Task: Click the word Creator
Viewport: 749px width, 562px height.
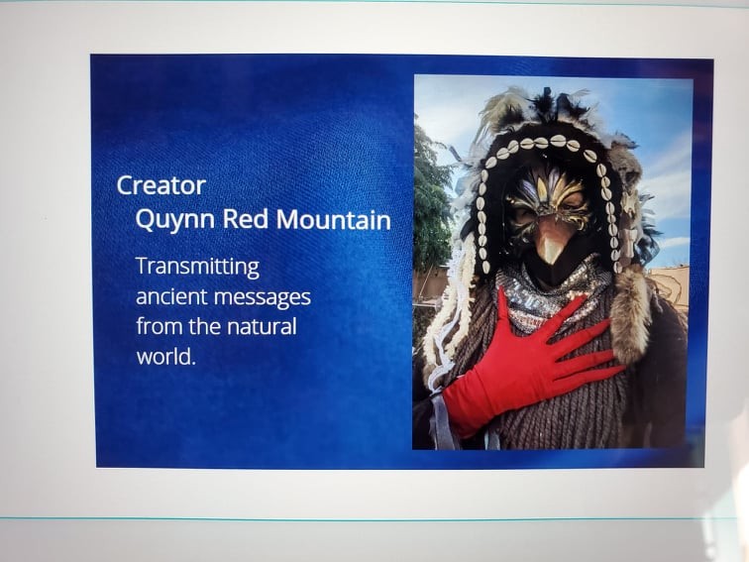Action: tap(160, 185)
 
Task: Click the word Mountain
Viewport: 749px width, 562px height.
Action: tap(333, 220)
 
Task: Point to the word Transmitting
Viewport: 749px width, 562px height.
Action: tap(198, 267)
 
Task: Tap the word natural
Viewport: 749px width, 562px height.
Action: tap(262, 327)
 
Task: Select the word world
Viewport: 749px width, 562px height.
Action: tap(166, 357)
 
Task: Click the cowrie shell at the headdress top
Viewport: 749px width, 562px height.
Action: tap(558, 141)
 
